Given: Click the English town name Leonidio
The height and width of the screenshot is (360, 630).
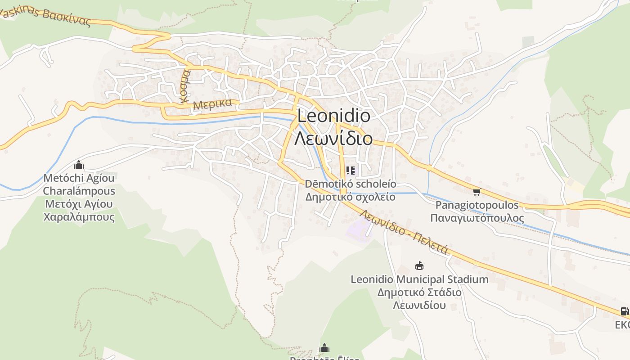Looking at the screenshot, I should (334, 116).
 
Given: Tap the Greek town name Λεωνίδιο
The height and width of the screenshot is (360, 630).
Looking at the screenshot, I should (333, 138).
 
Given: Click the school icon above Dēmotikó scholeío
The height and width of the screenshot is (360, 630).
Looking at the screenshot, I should (351, 171).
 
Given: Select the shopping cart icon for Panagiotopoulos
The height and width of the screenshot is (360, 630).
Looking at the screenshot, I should (477, 192).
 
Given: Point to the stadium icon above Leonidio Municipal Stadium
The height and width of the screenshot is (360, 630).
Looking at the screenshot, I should (419, 266).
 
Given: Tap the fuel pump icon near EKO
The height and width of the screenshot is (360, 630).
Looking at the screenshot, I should (624, 311).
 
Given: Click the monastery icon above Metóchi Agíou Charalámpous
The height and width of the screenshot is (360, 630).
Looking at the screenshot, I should (79, 165).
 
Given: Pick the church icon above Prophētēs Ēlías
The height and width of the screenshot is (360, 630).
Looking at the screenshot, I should (324, 348).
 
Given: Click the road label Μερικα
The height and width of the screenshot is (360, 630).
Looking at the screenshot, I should (212, 104).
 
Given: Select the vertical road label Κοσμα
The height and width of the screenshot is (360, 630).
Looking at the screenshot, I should (185, 86).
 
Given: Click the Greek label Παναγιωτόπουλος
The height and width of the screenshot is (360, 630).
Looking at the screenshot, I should (477, 218).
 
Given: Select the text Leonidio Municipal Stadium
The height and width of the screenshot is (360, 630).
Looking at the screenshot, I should (419, 279).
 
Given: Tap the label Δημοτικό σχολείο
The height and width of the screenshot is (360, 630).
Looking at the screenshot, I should (351, 197).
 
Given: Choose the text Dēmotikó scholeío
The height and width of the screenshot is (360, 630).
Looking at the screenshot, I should (351, 184).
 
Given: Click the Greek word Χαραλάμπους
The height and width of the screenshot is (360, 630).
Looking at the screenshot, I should (79, 217).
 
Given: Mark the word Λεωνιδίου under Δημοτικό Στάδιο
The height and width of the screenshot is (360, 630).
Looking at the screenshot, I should (419, 305).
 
